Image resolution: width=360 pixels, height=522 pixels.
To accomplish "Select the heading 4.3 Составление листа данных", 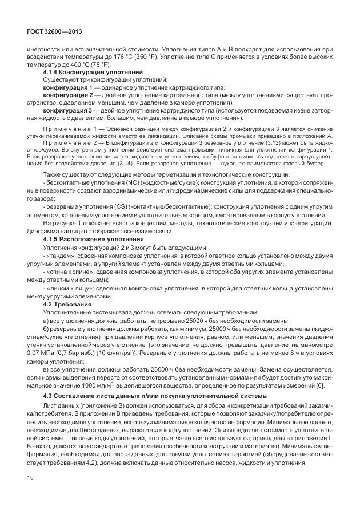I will point(101,396).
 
